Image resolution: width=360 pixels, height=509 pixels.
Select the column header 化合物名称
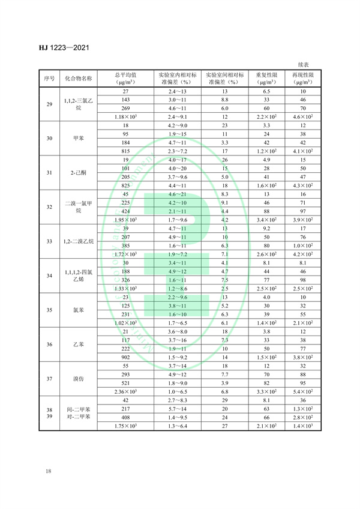(79, 78)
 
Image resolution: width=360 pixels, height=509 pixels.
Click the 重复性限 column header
(266, 74)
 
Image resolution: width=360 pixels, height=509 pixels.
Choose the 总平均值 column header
(126, 74)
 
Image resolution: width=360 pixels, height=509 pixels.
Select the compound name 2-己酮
(79, 173)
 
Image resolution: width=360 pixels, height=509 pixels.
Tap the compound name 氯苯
(79, 310)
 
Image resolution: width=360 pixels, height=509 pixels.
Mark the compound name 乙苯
(79, 344)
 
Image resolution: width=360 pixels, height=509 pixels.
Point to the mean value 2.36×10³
(126, 391)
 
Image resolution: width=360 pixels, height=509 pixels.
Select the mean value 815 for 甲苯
(126, 151)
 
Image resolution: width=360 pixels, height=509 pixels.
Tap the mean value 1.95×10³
(126, 220)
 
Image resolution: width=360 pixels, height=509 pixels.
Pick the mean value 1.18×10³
(126, 116)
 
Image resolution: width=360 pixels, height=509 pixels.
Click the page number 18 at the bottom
(47, 471)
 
